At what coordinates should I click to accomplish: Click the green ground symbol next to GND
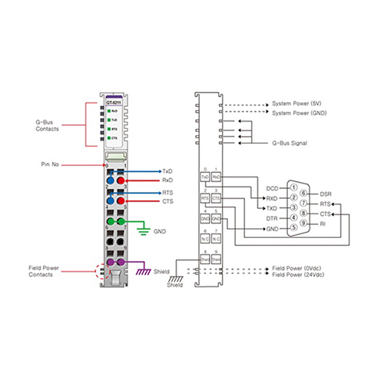point(141,229)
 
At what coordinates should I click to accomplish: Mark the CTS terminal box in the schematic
point(216,198)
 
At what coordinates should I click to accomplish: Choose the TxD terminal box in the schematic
point(205,177)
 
